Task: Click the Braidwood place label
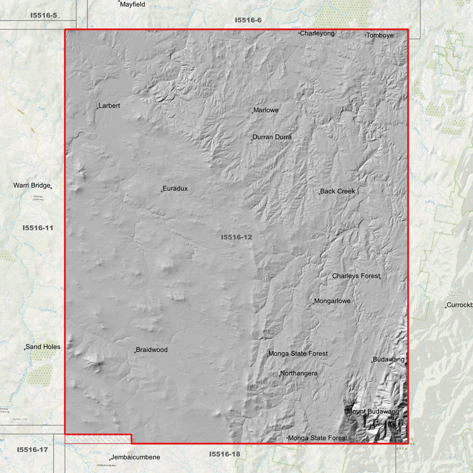(152, 350)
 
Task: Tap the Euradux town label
(175, 189)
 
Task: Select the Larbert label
(109, 106)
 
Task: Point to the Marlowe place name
(266, 110)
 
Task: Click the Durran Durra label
(272, 137)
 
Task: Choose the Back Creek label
(337, 191)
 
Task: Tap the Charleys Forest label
(356, 276)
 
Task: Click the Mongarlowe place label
(332, 301)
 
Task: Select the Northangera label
(299, 373)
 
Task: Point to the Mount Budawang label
(373, 412)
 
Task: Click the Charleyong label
(317, 33)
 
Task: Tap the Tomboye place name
(380, 35)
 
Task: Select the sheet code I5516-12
(236, 237)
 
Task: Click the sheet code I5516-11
(38, 228)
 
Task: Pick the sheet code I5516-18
(225, 454)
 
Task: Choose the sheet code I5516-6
(248, 20)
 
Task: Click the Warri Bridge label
(32, 186)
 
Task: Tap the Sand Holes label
(43, 347)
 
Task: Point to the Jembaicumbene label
(135, 457)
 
